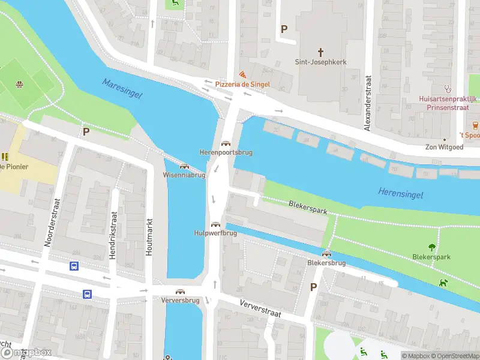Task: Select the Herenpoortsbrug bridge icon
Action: pyautogui.click(x=226, y=143)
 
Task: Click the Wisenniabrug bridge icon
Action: pyautogui.click(x=184, y=166)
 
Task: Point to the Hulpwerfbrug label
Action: pyautogui.click(x=215, y=233)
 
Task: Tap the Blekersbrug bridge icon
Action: pyautogui.click(x=326, y=254)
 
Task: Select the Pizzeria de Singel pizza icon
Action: pyautogui.click(x=242, y=74)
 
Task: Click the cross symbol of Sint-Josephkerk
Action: pyautogui.click(x=320, y=52)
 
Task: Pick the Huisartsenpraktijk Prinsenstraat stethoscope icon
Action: pyautogui.click(x=448, y=88)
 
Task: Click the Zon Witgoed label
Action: pyautogui.click(x=444, y=147)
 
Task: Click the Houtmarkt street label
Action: pyautogui.click(x=150, y=236)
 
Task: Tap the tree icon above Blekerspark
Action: pyautogui.click(x=431, y=247)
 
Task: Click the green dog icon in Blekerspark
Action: pyautogui.click(x=443, y=282)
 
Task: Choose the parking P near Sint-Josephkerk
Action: pyautogui.click(x=284, y=28)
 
